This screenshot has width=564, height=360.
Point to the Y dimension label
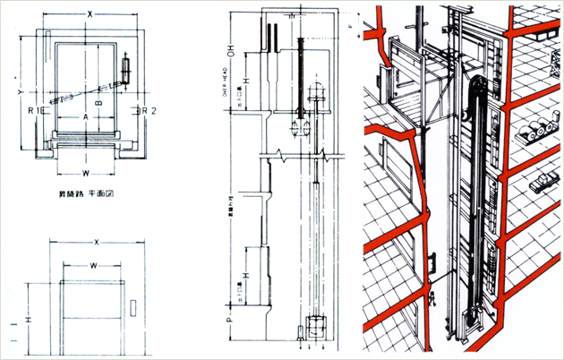point(20,91)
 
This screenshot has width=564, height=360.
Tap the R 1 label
point(33,111)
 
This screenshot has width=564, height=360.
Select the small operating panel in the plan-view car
point(124,66)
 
